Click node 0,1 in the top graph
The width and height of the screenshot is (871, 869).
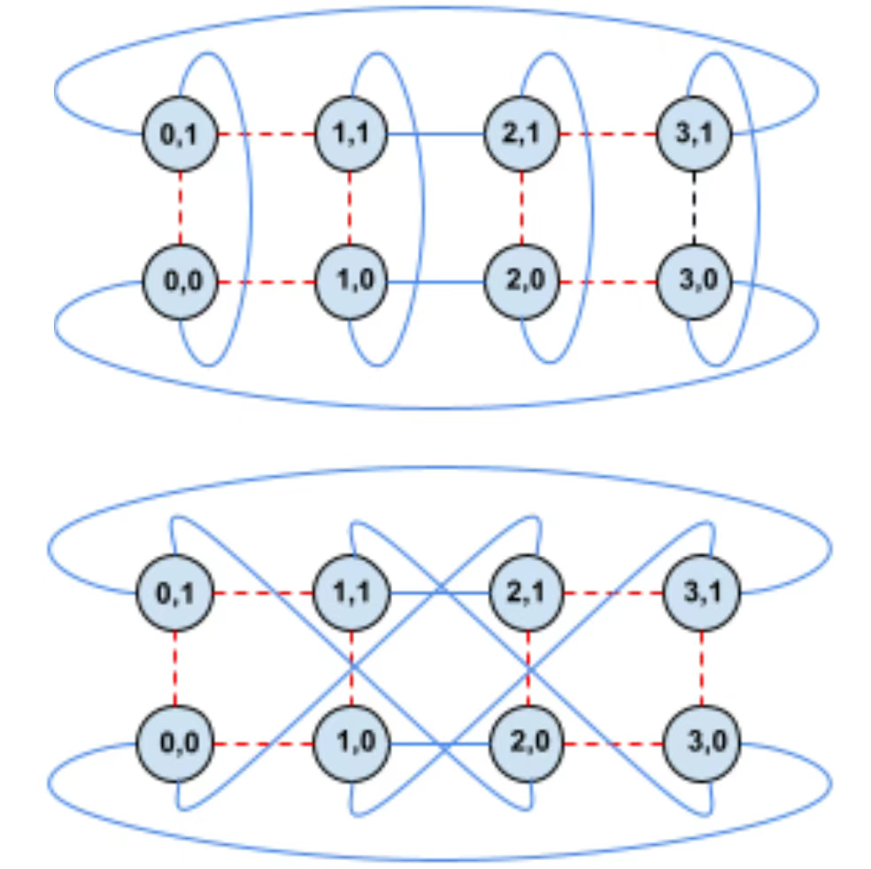pyautogui.click(x=180, y=134)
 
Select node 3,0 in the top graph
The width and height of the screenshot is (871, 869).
pyautogui.click(x=694, y=281)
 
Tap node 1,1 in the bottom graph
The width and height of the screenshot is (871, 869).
pyautogui.click(x=351, y=593)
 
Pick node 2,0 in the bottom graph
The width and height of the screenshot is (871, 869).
pyautogui.click(x=528, y=743)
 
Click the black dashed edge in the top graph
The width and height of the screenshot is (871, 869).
pyautogui.click(x=694, y=208)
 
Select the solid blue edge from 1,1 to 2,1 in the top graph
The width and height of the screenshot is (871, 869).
pyautogui.click(x=435, y=134)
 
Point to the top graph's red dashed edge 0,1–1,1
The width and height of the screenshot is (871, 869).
pyautogui.click(x=266, y=134)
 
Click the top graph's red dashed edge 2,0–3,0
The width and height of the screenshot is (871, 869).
pyautogui.click(x=608, y=282)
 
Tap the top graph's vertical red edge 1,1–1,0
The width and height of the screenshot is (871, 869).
pyautogui.click(x=350, y=208)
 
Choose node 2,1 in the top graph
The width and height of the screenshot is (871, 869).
pyautogui.click(x=521, y=134)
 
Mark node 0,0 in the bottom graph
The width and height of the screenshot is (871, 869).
pyautogui.click(x=175, y=743)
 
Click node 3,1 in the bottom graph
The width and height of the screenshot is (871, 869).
pyautogui.click(x=702, y=593)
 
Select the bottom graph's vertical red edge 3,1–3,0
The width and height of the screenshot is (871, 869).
pyautogui.click(x=702, y=668)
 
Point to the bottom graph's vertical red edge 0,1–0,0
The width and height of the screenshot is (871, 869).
pyautogui.click(x=175, y=668)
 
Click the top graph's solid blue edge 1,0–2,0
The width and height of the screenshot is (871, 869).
pyautogui.click(x=435, y=282)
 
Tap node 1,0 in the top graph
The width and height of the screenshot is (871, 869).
pyautogui.click(x=350, y=281)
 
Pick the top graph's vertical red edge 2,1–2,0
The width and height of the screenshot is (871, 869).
pyautogui.click(x=521, y=208)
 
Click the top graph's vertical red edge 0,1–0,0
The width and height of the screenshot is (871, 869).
pyautogui.click(x=180, y=208)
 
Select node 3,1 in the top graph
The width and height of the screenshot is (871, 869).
pyautogui.click(x=694, y=134)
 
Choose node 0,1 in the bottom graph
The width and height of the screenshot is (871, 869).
pyautogui.click(x=175, y=593)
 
